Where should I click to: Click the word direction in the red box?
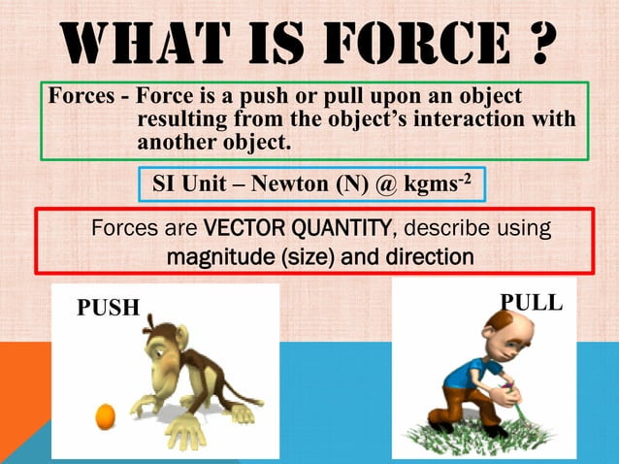click(x=426, y=257)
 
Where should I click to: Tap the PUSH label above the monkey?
click(x=108, y=308)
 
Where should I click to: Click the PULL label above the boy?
click(x=531, y=302)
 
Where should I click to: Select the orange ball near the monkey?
click(x=105, y=416)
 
